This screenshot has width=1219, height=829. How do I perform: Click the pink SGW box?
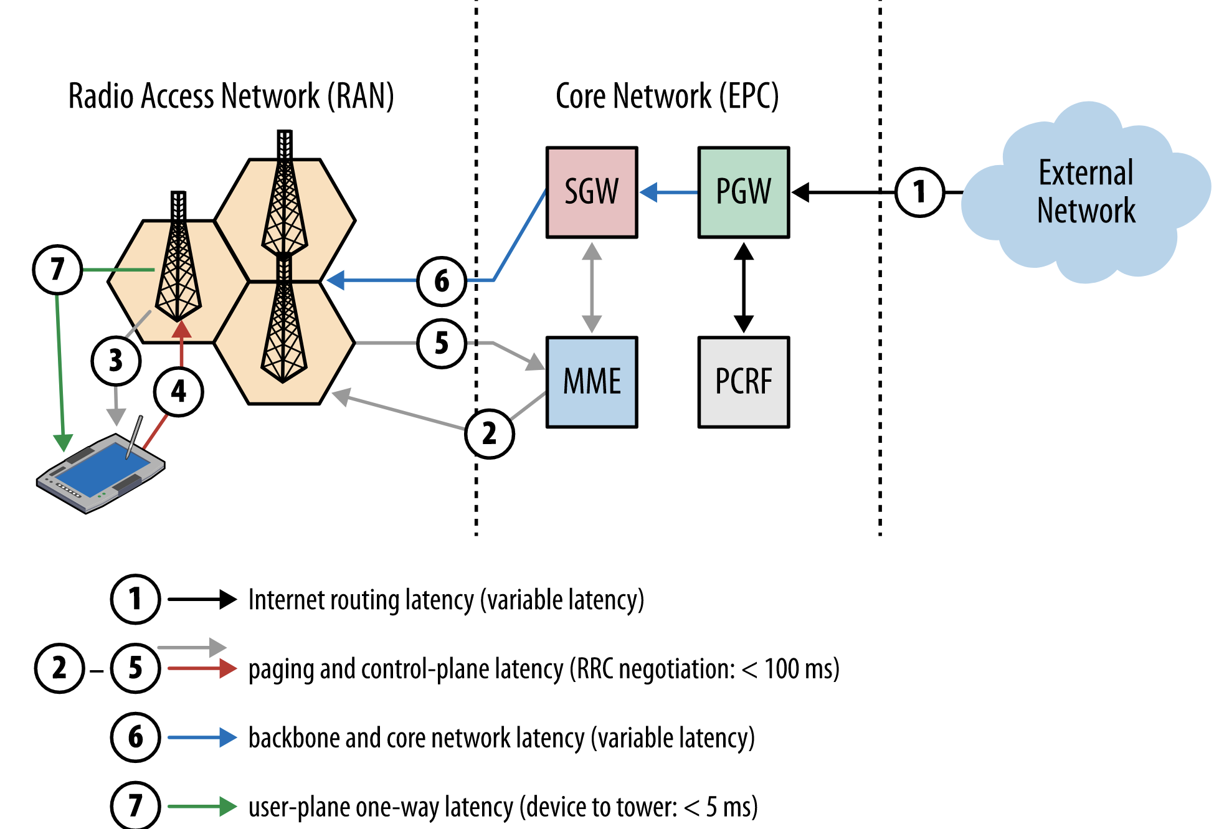591,192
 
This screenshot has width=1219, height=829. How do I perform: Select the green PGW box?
743,192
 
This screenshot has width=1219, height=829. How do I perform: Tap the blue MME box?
591,382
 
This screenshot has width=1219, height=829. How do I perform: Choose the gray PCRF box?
743,382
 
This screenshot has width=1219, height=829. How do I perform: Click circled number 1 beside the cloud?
919,192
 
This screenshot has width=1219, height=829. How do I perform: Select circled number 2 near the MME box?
490,433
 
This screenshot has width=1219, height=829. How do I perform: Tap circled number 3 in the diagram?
116,361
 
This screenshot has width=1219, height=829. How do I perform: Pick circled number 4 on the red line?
179,392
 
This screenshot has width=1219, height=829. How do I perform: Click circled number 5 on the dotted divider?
442,343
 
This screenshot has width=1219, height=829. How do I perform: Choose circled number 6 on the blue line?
442,281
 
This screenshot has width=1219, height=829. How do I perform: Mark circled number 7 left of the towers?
57,270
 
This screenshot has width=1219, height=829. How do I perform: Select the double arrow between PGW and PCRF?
744,288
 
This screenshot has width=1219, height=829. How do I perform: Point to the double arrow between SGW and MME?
592,288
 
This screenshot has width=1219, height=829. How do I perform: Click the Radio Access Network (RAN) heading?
231,97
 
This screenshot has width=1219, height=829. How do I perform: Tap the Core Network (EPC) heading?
666,97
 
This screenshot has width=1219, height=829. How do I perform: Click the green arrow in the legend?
202,807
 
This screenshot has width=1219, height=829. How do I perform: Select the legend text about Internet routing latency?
446,600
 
